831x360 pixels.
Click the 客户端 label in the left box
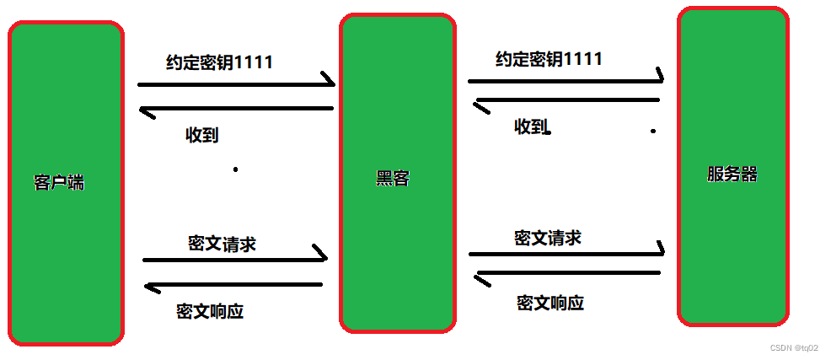tap(59, 183)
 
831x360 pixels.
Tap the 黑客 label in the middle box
tap(393, 179)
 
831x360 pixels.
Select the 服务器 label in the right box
tap(732, 175)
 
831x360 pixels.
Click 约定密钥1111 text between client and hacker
tap(219, 62)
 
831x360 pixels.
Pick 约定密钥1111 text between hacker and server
tap(549, 59)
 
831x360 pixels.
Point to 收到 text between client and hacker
tap(202, 135)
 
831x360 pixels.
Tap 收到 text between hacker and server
tap(531, 127)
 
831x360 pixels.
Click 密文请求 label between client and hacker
tap(222, 244)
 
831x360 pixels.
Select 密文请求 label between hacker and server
tap(547, 238)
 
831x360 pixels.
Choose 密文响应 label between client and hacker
tap(210, 310)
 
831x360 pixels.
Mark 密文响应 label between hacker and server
tap(550, 303)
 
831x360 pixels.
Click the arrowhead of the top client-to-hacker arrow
tap(328, 82)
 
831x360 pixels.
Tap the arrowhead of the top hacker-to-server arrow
tap(657, 78)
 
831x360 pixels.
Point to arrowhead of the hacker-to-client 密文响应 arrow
tap(152, 287)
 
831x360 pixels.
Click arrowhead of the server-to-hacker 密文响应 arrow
tap(482, 275)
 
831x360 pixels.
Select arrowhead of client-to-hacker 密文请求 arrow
tap(320, 254)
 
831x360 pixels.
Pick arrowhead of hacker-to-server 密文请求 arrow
tap(657, 250)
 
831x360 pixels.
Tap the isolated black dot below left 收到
tap(235, 169)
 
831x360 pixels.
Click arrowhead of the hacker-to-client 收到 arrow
tap(147, 110)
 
